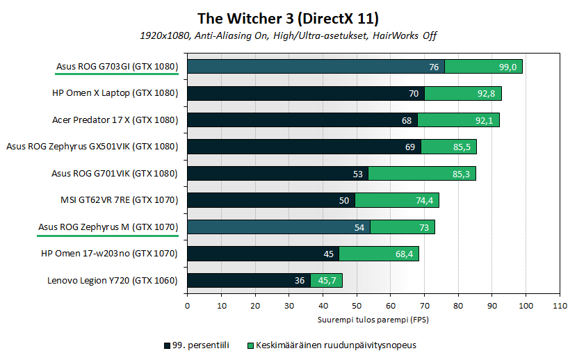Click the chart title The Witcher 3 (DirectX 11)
(x=288, y=17)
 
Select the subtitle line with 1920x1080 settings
(x=288, y=35)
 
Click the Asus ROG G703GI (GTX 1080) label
(x=117, y=67)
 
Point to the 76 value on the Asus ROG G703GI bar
(x=434, y=67)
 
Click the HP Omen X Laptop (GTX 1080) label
(x=115, y=93)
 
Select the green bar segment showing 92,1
(x=459, y=120)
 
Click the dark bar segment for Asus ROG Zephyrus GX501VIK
(x=304, y=147)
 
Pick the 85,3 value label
(x=460, y=174)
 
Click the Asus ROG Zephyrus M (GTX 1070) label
(x=109, y=227)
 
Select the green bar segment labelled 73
(x=403, y=227)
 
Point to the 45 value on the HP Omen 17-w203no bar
(x=329, y=254)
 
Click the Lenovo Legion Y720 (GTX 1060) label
(x=113, y=280)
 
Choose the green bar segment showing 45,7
(x=326, y=281)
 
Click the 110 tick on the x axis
(x=560, y=304)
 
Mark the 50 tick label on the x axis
(x=357, y=304)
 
